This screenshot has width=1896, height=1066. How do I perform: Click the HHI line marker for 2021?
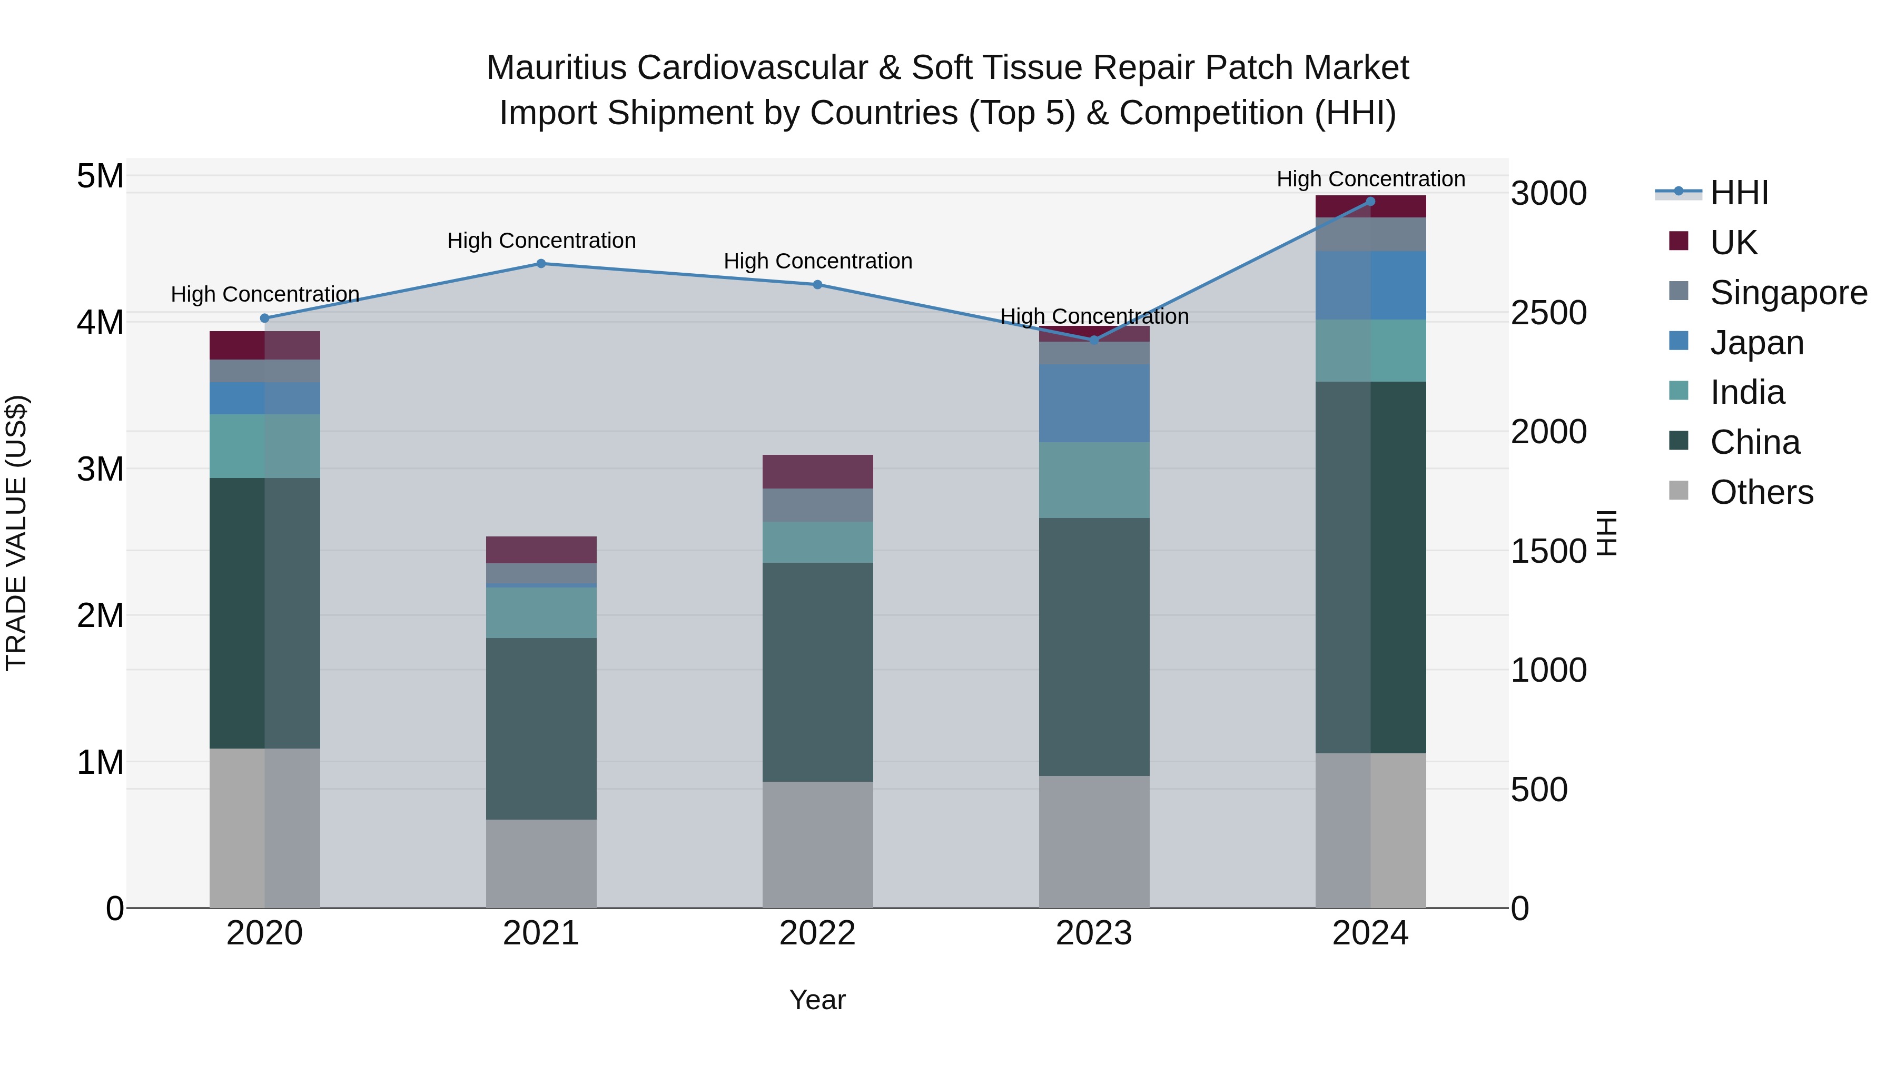541,263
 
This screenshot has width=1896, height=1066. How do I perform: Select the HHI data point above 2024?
1370,202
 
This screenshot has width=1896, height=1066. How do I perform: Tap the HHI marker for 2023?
1094,340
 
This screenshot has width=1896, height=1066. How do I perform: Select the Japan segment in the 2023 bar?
1094,403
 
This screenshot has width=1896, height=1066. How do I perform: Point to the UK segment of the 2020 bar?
264,345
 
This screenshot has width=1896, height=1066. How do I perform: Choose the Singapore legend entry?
1788,293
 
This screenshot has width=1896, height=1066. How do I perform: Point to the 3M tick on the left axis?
100,469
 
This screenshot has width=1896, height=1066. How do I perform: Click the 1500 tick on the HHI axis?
1548,551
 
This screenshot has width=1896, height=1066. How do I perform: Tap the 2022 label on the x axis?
817,933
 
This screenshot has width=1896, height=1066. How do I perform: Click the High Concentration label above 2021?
541,241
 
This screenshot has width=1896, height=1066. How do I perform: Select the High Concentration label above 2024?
1370,179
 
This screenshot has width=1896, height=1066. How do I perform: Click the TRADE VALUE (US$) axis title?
16,533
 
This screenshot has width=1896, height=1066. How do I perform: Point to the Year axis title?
817,1000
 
